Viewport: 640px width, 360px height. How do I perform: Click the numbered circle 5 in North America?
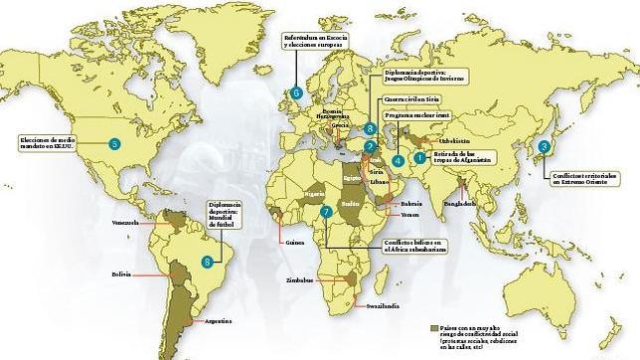(114, 144)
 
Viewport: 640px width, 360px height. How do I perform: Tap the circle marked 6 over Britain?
(296, 93)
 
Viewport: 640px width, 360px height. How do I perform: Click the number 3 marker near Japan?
(544, 146)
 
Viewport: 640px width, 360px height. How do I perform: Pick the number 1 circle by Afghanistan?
(419, 156)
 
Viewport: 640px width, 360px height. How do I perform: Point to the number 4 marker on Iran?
(398, 160)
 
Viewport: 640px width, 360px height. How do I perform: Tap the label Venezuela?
(126, 221)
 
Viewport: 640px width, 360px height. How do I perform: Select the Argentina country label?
(217, 321)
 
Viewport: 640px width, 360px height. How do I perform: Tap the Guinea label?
(293, 241)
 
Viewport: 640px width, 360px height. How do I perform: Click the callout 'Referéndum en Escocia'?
(317, 38)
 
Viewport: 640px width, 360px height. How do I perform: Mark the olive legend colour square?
(433, 326)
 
